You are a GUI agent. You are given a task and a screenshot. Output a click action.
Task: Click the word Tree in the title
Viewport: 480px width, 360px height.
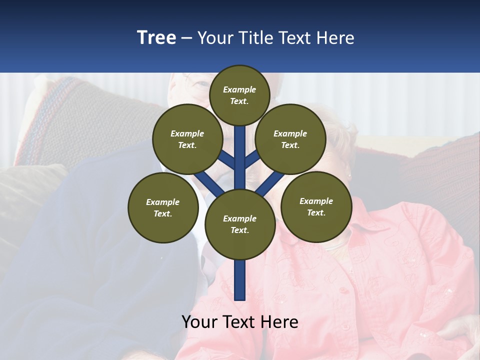pyautogui.click(x=156, y=38)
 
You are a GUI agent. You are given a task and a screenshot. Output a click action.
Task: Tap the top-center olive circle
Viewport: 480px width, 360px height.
pyautogui.click(x=239, y=95)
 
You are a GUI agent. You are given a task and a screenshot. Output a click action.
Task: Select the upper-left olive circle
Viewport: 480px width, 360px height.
pyautogui.click(x=187, y=139)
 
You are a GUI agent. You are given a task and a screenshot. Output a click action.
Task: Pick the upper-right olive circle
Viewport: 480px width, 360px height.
pyautogui.click(x=290, y=139)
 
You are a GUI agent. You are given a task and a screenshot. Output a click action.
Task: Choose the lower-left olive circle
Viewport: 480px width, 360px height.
pyautogui.click(x=163, y=207)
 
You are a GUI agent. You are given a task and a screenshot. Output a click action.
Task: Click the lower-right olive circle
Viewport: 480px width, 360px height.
pyautogui.click(x=316, y=206)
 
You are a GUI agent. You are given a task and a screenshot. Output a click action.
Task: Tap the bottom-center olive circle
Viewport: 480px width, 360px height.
pyautogui.click(x=240, y=224)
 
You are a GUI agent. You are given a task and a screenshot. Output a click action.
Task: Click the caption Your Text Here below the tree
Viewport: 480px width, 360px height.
pyautogui.click(x=240, y=322)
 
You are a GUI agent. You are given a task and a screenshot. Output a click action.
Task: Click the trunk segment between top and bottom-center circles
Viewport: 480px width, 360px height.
pyautogui.click(x=240, y=157)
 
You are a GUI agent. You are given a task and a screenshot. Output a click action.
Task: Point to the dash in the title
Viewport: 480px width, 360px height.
pyautogui.click(x=186, y=38)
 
